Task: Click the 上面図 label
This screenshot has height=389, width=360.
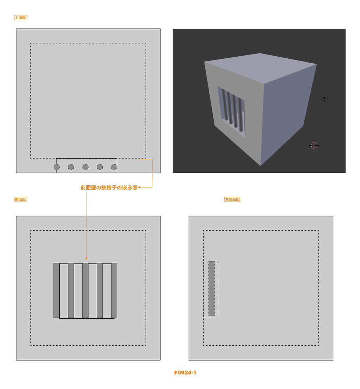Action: coord(21,18)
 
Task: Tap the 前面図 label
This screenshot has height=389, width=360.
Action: coord(21,199)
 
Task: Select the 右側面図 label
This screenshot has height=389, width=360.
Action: coord(232,199)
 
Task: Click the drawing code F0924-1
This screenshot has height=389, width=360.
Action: coord(185,372)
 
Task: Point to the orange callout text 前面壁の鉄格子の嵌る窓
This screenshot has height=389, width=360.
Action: coord(109,187)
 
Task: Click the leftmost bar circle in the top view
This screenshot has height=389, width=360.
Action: coord(57,167)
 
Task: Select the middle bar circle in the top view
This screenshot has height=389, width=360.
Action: coord(85,167)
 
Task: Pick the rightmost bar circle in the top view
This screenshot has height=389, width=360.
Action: coord(114,167)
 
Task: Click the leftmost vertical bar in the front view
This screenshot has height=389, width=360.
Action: coord(57,290)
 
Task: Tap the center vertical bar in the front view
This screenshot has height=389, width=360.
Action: coord(85,290)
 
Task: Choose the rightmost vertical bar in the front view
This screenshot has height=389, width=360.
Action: coord(114,290)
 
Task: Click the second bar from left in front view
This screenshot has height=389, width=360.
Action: coord(71,290)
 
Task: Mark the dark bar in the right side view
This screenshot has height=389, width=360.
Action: coord(211,289)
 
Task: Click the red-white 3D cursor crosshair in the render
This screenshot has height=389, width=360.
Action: coord(314,146)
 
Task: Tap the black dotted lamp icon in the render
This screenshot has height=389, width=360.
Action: coord(324,98)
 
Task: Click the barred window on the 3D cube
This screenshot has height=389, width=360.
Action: coord(232,111)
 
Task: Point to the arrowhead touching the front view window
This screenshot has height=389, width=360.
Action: coord(86,258)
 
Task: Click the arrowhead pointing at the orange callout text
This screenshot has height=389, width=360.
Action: coord(140,187)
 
